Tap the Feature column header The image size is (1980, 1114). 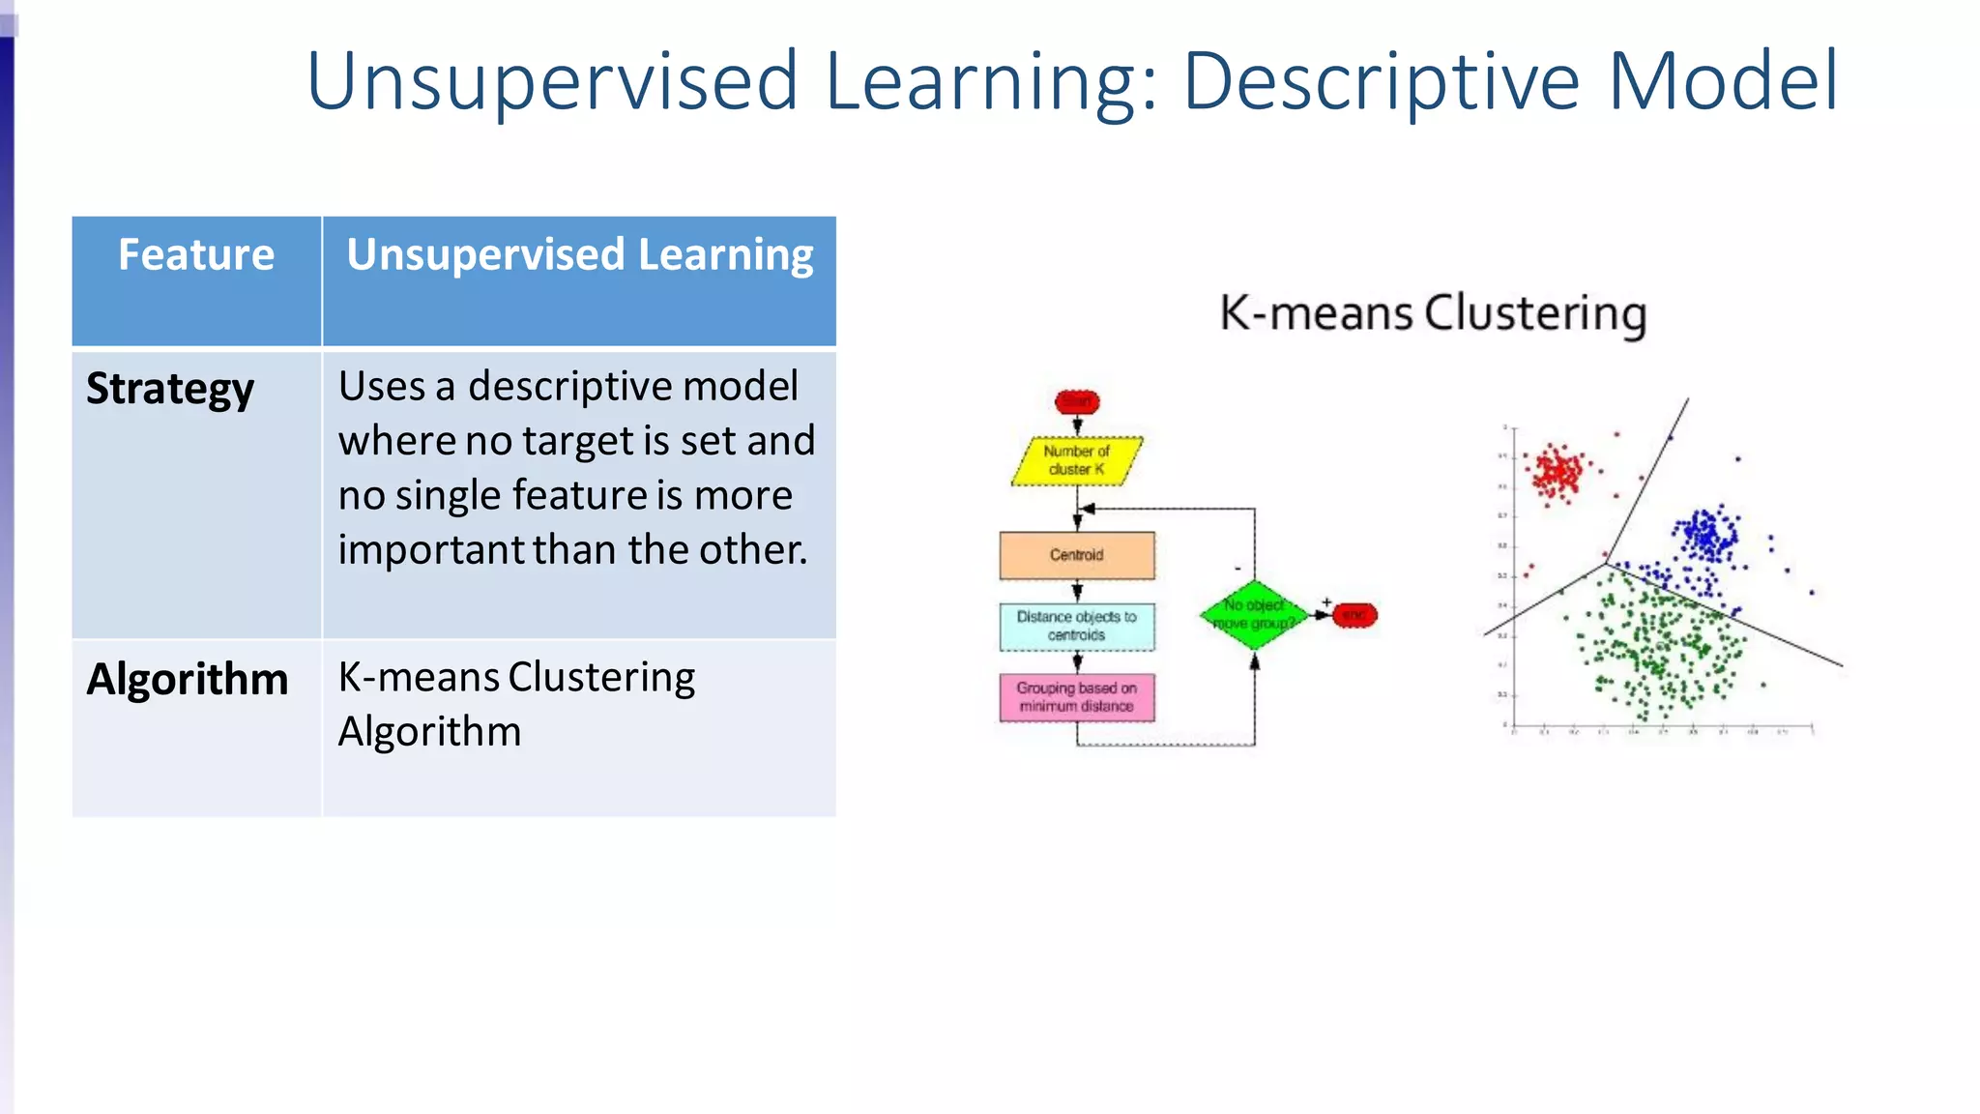tap(196, 255)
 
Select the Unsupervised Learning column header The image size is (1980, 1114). tap(579, 255)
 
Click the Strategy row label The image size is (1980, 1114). tap(170, 389)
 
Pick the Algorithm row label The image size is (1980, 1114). tap(188, 679)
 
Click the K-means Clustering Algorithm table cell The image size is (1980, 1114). tap(516, 704)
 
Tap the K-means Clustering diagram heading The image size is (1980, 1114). tap(1433, 313)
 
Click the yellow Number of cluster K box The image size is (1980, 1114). tap(1076, 460)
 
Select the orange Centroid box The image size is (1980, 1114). tap(1076, 555)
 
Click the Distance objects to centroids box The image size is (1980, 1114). tap(1076, 626)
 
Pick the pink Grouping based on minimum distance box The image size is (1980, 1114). tap(1076, 697)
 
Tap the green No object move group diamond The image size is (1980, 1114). tap(1254, 615)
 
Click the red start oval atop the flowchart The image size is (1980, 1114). tap(1077, 401)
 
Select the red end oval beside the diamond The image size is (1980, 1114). tap(1354, 615)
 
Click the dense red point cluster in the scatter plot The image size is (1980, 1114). tap(1558, 473)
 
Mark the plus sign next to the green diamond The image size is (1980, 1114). tap(1326, 601)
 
